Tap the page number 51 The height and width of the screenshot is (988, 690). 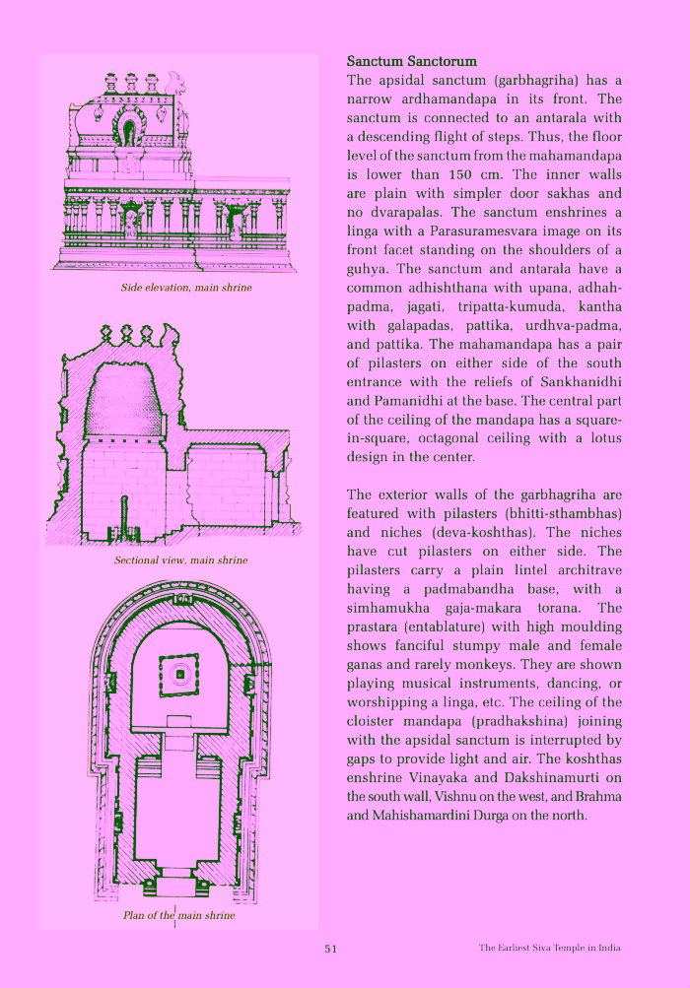pyautogui.click(x=331, y=949)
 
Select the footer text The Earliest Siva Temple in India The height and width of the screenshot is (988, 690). pyautogui.click(x=549, y=949)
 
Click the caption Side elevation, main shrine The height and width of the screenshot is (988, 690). pyautogui.click(x=186, y=288)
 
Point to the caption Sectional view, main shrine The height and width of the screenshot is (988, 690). pyautogui.click(x=180, y=560)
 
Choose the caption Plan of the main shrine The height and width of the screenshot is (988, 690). pyautogui.click(x=179, y=916)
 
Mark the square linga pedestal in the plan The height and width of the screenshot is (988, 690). pyautogui.click(x=179, y=674)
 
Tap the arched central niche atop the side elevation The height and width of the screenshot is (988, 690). pyautogui.click(x=129, y=132)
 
